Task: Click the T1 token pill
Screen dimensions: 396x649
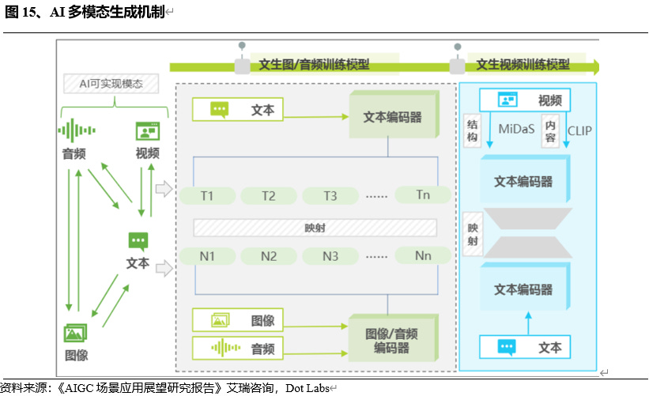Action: tap(207, 195)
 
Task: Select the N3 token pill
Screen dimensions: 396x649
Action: tap(330, 256)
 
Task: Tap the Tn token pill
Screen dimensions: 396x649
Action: tap(423, 194)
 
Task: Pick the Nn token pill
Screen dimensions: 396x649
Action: tap(423, 255)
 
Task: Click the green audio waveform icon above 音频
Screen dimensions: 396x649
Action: tap(77, 130)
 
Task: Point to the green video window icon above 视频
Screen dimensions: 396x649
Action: tap(147, 130)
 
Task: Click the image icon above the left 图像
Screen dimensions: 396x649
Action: tap(76, 333)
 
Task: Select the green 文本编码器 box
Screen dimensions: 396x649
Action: tap(393, 117)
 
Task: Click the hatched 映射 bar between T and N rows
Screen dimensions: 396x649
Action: tap(315, 228)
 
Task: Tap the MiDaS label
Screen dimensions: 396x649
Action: tap(518, 129)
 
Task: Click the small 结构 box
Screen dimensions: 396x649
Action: tap(473, 130)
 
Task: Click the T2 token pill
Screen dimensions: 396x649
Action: tap(269, 195)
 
